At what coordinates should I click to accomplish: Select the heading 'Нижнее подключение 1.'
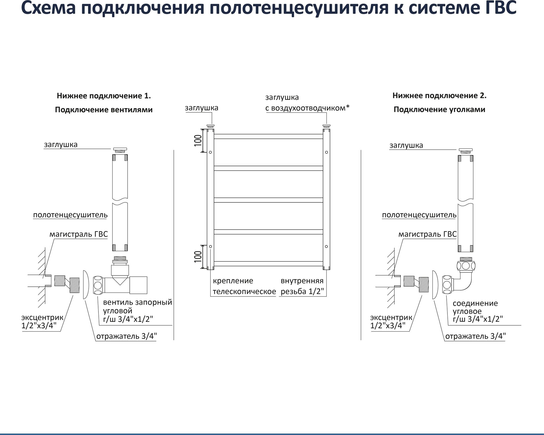(104, 96)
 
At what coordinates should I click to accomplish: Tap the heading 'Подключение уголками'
(439, 110)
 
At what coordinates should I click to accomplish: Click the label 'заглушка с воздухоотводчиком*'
(307, 103)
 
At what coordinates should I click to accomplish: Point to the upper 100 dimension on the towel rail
(198, 140)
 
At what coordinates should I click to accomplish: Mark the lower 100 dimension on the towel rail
(198, 257)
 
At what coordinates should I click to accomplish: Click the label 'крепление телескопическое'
(244, 286)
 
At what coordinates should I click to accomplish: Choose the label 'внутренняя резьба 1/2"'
(302, 286)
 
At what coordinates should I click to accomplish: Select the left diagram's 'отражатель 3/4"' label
(126, 337)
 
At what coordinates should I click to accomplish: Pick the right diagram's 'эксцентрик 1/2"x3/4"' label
(391, 321)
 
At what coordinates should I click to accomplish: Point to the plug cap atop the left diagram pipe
(120, 150)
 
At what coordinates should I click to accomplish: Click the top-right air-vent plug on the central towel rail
(326, 126)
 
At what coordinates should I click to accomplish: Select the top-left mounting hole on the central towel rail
(211, 152)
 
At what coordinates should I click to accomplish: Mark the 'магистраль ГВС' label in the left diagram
(79, 234)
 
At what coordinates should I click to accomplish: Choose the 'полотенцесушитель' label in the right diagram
(419, 215)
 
